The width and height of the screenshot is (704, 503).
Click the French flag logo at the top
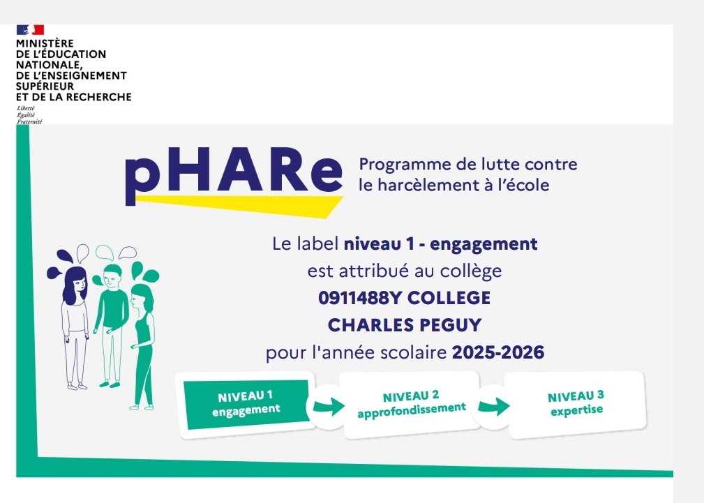click(30, 29)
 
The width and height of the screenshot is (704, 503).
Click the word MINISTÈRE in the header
click(45, 43)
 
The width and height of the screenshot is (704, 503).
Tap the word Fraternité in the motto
click(29, 121)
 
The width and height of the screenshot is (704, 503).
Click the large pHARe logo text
click(234, 174)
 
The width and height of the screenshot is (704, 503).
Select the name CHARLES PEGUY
click(405, 324)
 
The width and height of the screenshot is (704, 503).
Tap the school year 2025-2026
click(498, 352)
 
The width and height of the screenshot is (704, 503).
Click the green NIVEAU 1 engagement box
click(246, 404)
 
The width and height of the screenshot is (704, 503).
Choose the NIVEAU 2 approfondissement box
click(411, 404)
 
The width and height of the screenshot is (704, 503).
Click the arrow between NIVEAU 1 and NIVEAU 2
click(329, 407)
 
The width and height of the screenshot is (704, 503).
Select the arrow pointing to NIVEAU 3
click(494, 407)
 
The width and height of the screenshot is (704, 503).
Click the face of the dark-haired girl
click(79, 285)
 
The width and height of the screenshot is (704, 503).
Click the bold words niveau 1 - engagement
click(440, 244)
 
